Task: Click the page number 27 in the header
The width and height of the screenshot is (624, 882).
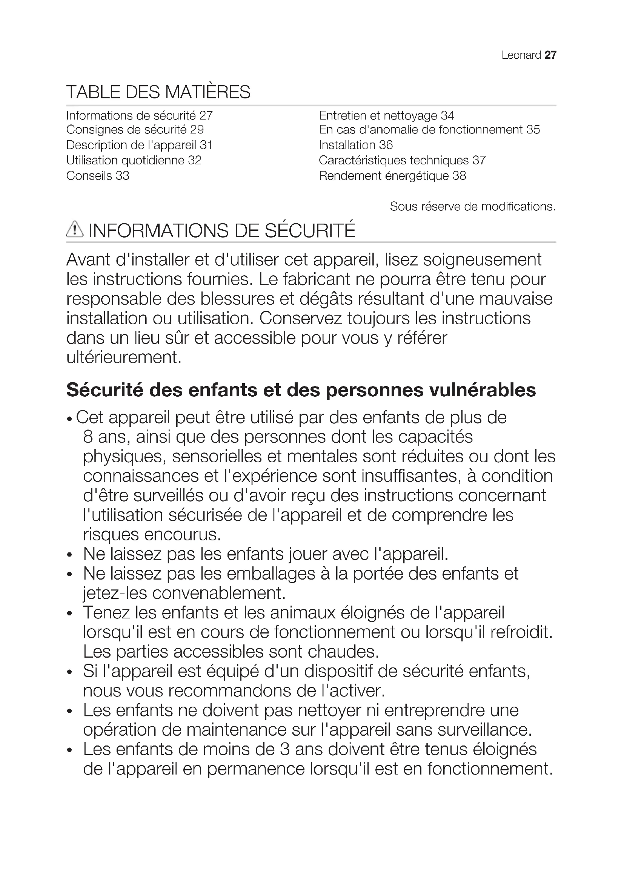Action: tap(550, 55)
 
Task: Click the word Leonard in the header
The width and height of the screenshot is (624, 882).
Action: tap(521, 55)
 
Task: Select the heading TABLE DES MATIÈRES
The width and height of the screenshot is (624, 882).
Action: tap(158, 92)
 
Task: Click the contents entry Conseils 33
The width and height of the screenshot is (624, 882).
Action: tap(98, 176)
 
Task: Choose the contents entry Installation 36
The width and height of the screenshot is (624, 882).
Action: tap(355, 145)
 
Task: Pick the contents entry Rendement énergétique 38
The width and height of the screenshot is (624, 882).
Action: tap(392, 176)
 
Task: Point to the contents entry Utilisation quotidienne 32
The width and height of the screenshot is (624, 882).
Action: tap(134, 160)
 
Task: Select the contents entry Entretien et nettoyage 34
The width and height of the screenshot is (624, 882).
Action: tap(386, 115)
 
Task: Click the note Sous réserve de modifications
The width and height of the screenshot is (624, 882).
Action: tap(473, 207)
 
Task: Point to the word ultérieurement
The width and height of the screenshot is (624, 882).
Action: tap(123, 357)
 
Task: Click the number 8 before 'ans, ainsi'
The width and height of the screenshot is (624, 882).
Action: tap(88, 437)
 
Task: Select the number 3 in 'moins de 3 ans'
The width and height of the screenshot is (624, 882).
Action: tap(285, 750)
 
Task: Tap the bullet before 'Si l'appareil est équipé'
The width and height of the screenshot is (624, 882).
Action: tap(69, 672)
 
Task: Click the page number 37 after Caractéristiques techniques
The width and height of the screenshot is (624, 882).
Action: tap(479, 160)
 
